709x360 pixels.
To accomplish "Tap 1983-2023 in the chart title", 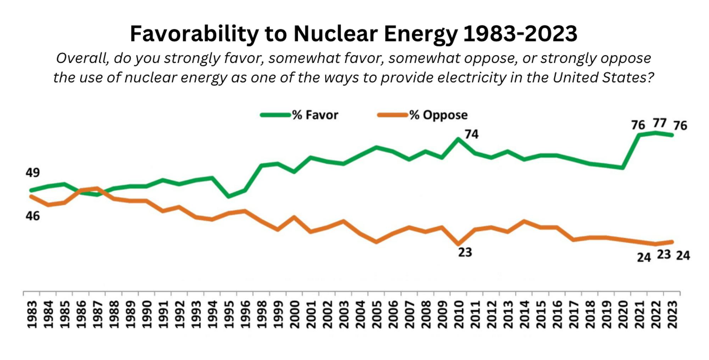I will tap(520, 34).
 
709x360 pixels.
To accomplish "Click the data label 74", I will tap(471, 134).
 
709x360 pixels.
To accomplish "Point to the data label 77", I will tap(659, 123).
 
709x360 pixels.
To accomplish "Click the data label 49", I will tap(33, 173).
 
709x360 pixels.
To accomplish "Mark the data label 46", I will tap(33, 216).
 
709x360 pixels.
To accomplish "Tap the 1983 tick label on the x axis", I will tap(32, 314).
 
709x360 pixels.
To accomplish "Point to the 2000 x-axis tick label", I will tap(295, 314).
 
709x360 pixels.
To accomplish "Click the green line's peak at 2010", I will tap(458, 139).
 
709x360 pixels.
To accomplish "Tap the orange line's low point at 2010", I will tap(458, 244).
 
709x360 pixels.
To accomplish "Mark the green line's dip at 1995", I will tap(229, 196).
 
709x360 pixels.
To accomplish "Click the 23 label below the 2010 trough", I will tap(465, 252).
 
